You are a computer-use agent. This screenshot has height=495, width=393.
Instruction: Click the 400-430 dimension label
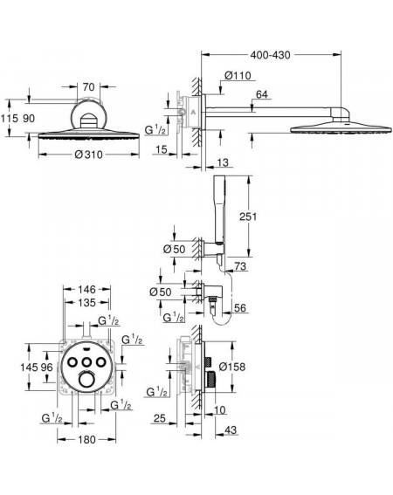(270, 55)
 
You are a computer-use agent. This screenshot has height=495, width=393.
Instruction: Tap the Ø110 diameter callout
(238, 75)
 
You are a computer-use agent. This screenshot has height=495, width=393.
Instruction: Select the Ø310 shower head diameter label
(89, 155)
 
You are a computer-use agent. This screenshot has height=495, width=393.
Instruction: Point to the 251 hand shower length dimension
(248, 217)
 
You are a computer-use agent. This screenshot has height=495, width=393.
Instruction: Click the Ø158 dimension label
(232, 367)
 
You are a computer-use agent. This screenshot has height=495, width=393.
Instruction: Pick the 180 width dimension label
(86, 439)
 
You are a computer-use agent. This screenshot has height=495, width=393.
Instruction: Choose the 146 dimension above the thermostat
(86, 289)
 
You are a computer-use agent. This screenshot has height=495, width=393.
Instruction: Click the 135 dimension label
(86, 302)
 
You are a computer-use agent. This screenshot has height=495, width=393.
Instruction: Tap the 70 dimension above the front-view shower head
(89, 86)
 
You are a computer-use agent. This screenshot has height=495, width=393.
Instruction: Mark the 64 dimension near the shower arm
(262, 94)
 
